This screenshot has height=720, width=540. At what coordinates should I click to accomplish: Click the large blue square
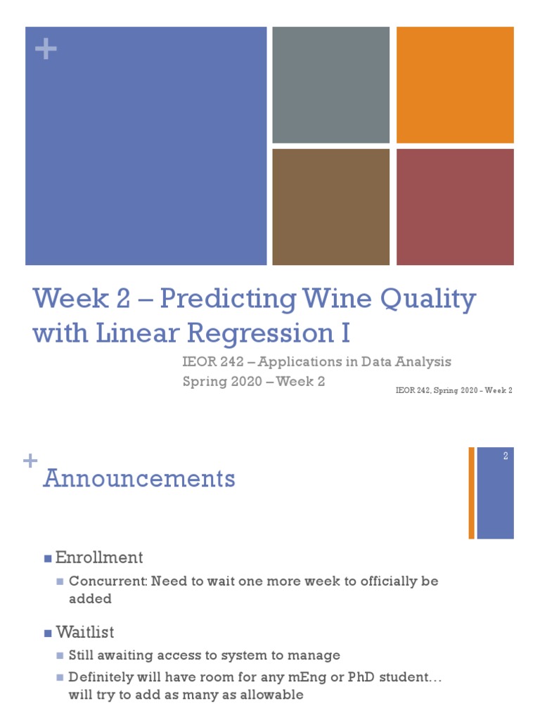[146, 146]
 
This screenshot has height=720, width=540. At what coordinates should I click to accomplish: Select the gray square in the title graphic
[330, 85]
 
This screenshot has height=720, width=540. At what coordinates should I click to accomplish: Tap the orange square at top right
[455, 85]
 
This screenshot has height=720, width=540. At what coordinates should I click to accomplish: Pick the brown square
[330, 207]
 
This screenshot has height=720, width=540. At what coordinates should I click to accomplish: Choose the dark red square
[455, 207]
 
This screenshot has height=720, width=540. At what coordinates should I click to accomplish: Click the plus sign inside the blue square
[46, 51]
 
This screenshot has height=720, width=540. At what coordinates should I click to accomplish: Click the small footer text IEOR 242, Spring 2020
[454, 391]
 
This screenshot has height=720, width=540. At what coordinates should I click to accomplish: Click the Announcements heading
[139, 479]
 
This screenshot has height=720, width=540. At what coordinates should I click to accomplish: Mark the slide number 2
[505, 456]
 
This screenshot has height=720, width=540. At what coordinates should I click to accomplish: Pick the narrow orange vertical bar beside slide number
[471, 493]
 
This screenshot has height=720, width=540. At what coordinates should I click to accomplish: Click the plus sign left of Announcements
[30, 461]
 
